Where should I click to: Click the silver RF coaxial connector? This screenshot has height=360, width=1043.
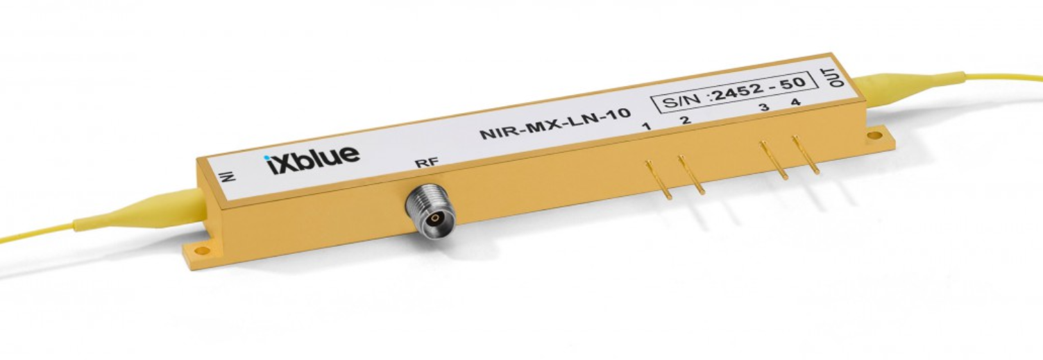point(430,210)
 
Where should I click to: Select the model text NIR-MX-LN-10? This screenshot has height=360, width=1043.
point(555,123)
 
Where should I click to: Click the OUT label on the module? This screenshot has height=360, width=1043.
point(837,77)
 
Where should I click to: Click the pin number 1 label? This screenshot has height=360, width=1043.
point(646,126)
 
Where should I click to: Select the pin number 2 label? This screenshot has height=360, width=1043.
point(686,120)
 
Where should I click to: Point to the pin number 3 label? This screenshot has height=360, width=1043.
point(764,108)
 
